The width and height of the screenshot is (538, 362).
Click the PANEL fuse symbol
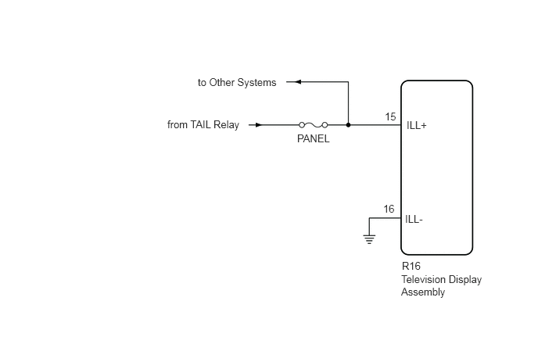click(x=314, y=125)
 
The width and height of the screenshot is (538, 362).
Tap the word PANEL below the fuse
click(x=314, y=138)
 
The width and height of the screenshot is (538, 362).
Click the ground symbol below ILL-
click(x=369, y=239)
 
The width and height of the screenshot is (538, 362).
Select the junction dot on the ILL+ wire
click(x=348, y=125)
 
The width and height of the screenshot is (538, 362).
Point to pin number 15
click(x=390, y=117)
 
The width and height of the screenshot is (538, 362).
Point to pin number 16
click(x=389, y=209)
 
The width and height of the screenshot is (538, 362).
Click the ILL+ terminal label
click(x=417, y=126)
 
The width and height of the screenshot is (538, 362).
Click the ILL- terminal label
click(x=414, y=219)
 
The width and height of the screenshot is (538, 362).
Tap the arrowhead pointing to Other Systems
click(x=298, y=81)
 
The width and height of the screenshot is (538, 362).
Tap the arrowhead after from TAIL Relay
click(x=259, y=125)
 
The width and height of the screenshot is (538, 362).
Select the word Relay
click(x=226, y=125)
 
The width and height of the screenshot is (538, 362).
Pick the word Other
click(x=221, y=82)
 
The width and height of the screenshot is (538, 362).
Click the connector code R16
click(x=411, y=266)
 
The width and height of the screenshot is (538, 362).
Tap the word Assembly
click(x=423, y=292)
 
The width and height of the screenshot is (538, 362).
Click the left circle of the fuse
click(x=302, y=125)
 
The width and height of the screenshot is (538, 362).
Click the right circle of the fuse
click(x=325, y=125)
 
